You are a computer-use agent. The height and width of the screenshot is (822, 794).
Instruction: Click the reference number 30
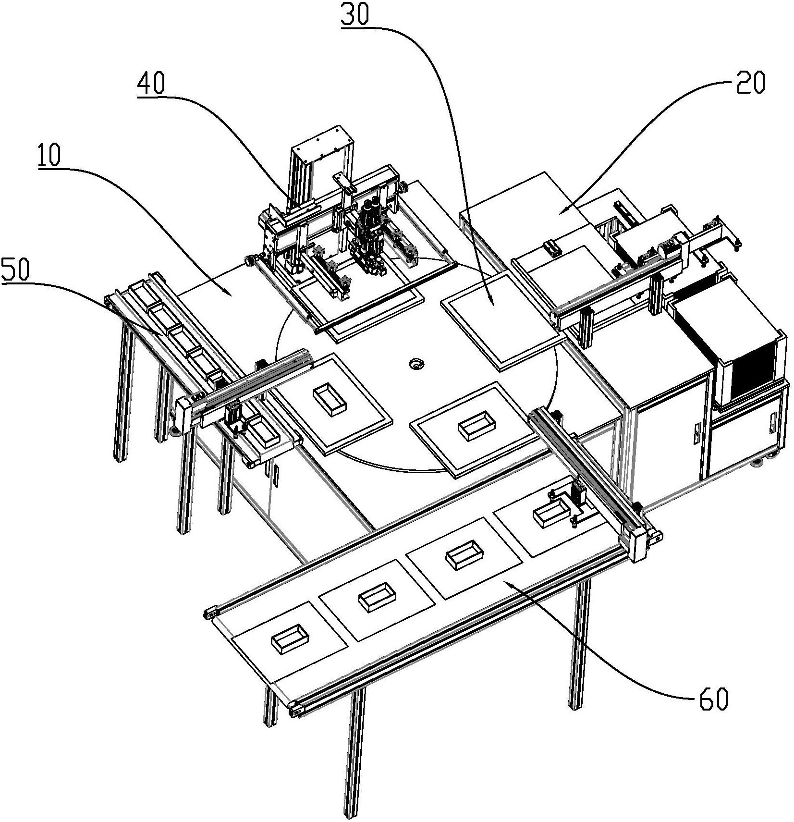click(355, 16)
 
